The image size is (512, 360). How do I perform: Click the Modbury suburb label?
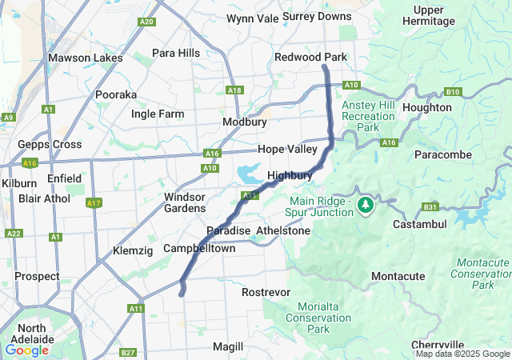(x=244, y=122)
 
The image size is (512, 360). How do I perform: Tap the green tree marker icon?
(x=366, y=205)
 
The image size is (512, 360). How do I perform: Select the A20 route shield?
(x=146, y=22)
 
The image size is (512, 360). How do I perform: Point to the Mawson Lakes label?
(x=86, y=58)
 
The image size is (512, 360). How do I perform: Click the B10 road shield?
(x=454, y=92)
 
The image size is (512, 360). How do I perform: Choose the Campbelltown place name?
(x=199, y=249)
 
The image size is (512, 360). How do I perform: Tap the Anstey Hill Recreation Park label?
(x=368, y=116)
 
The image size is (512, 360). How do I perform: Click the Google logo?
(x=26, y=350)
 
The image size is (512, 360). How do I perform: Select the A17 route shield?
(x=94, y=203)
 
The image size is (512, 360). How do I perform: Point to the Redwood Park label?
(x=310, y=58)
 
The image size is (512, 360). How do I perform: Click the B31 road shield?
(x=430, y=207)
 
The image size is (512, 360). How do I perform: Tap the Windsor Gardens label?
(x=185, y=202)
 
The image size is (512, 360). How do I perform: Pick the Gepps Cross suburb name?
(x=50, y=145)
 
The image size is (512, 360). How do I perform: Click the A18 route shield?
(x=234, y=90)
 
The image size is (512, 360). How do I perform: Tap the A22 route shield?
(x=14, y=234)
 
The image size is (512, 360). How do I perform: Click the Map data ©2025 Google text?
(x=462, y=354)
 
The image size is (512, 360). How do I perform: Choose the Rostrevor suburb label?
(x=266, y=292)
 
